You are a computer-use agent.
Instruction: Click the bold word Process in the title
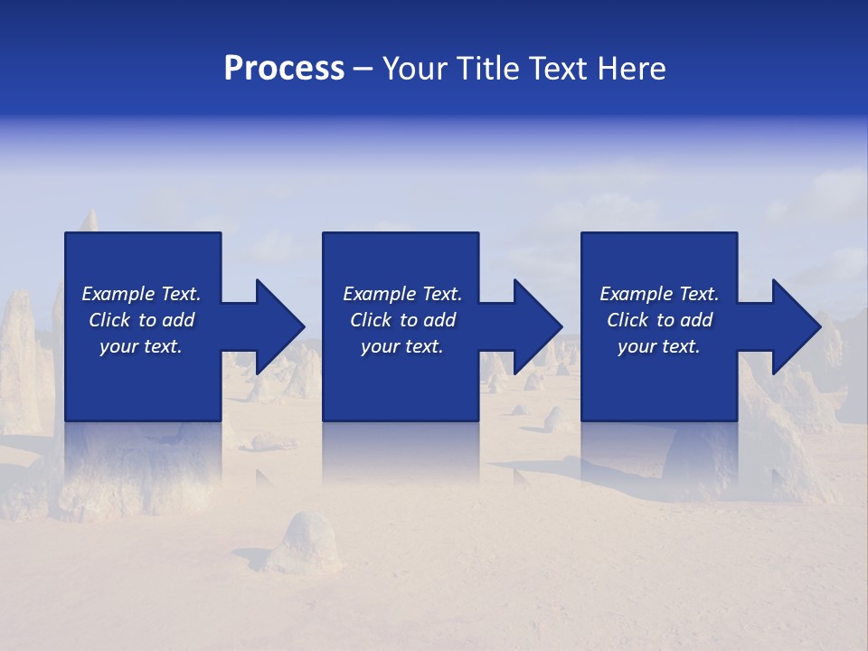[x=284, y=69]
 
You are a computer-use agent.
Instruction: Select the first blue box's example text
[x=141, y=320]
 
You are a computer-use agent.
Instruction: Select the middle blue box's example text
[x=402, y=320]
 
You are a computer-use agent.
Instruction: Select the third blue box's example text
[x=659, y=320]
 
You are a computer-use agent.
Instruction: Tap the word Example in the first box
[x=118, y=294]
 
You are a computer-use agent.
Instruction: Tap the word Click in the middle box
[x=371, y=320]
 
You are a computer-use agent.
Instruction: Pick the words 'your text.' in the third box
[x=659, y=346]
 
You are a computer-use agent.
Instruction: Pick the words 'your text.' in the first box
[x=141, y=346]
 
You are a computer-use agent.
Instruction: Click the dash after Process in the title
[x=363, y=69]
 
